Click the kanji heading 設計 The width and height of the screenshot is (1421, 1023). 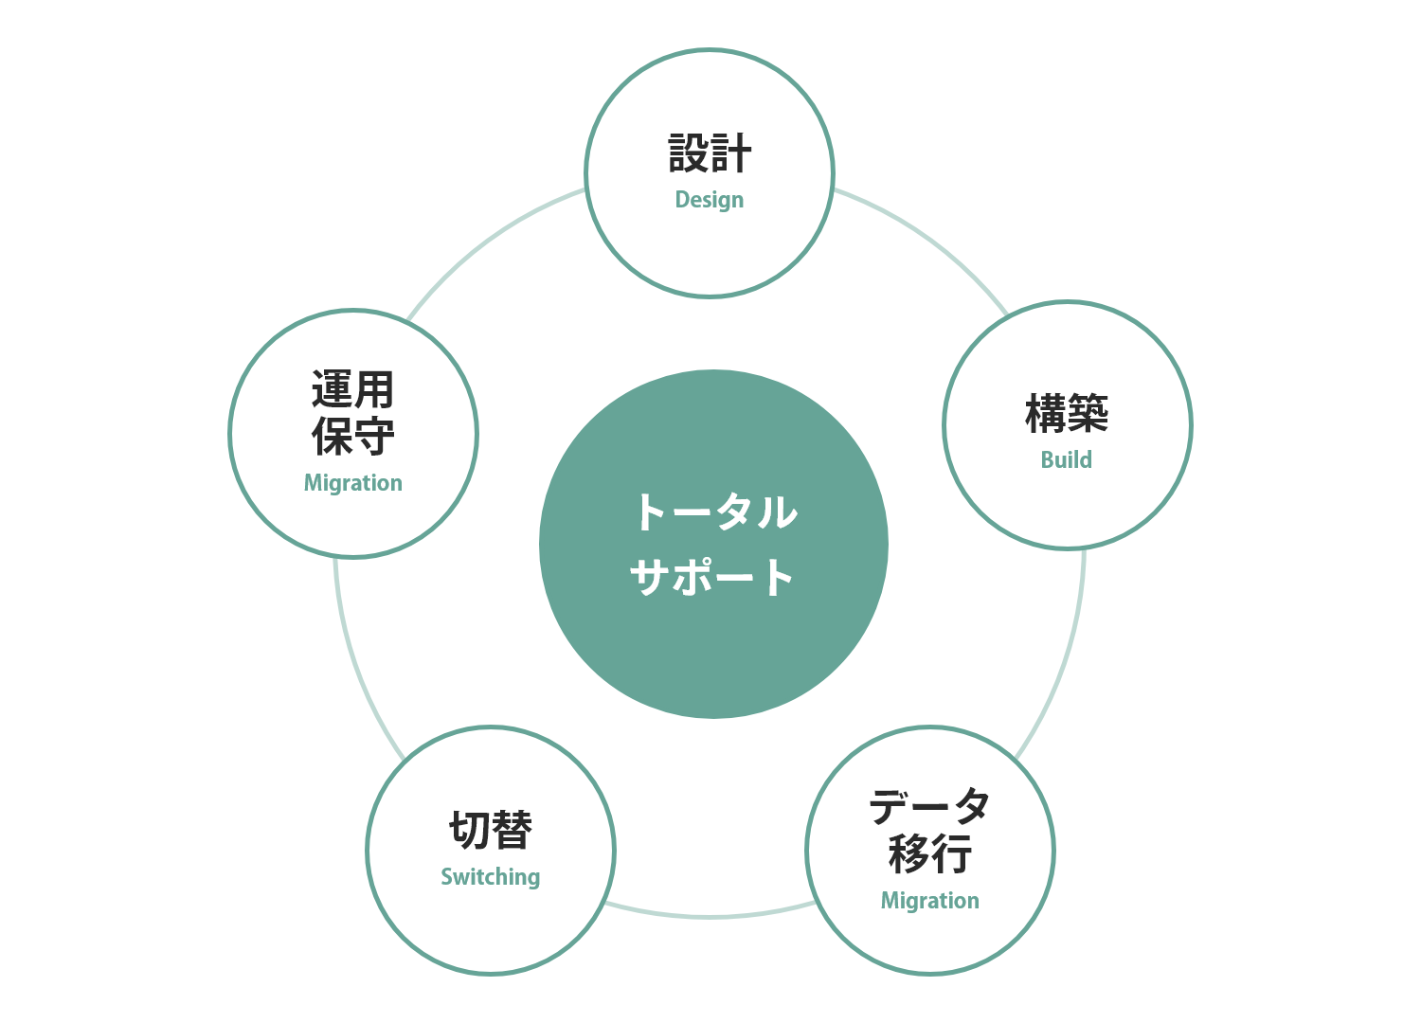click(x=710, y=153)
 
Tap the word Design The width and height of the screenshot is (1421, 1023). click(x=710, y=200)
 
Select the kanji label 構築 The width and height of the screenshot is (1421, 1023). click(x=1067, y=414)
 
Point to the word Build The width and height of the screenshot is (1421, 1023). click(x=1067, y=459)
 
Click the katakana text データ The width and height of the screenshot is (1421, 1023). click(x=929, y=807)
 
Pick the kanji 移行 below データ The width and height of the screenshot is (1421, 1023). click(x=930, y=853)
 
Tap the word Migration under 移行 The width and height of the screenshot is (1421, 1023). click(x=930, y=901)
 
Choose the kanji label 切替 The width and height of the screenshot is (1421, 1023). click(x=491, y=830)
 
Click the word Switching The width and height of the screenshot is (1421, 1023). click(x=491, y=877)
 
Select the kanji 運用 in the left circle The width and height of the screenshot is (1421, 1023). click(x=352, y=389)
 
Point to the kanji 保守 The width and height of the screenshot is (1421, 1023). click(x=352, y=436)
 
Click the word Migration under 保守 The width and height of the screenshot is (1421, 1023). click(x=352, y=483)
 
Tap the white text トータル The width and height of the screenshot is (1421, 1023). click(x=716, y=511)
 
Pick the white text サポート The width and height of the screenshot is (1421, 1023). click(x=711, y=577)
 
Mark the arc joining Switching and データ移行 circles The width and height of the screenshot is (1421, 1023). click(x=710, y=917)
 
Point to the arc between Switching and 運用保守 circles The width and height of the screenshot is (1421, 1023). click(x=357, y=666)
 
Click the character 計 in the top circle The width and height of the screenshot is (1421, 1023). click(x=730, y=153)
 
